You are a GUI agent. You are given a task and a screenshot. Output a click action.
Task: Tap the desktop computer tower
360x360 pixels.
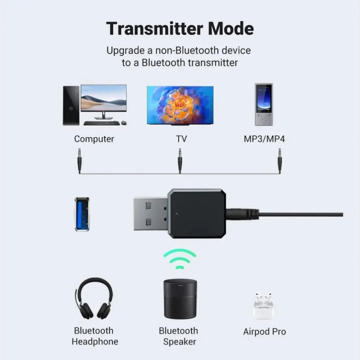[x=71, y=106]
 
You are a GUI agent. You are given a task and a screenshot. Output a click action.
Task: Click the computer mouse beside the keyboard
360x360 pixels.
[x=124, y=123]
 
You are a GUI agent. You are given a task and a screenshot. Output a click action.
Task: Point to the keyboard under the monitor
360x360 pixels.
[x=102, y=123]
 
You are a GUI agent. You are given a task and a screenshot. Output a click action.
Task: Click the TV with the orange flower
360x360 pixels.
[x=180, y=105]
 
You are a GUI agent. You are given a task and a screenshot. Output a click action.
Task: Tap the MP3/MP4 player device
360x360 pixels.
[x=263, y=105]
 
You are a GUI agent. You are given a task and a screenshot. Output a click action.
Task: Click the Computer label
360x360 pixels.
[x=94, y=139]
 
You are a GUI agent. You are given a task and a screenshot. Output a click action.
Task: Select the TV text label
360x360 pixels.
[x=181, y=139]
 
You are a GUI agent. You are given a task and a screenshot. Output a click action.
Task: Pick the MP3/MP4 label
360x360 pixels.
[x=264, y=139]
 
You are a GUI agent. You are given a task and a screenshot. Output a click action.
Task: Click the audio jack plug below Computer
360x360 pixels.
[x=80, y=159]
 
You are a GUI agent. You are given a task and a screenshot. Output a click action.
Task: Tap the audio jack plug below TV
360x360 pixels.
[x=180, y=159]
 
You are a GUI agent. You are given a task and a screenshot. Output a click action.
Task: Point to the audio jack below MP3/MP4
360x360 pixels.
[x=279, y=159]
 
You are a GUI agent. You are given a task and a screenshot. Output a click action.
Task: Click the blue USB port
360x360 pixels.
[x=82, y=214]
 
